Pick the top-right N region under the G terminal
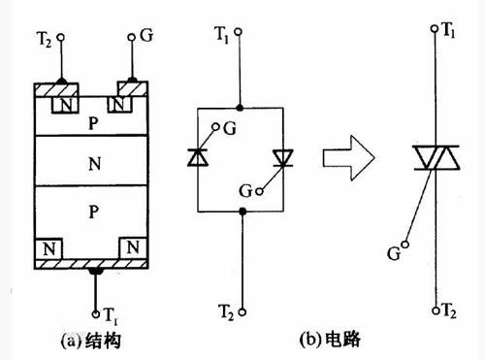(122, 103)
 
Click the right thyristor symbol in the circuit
(281, 156)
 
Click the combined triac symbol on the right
(434, 157)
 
